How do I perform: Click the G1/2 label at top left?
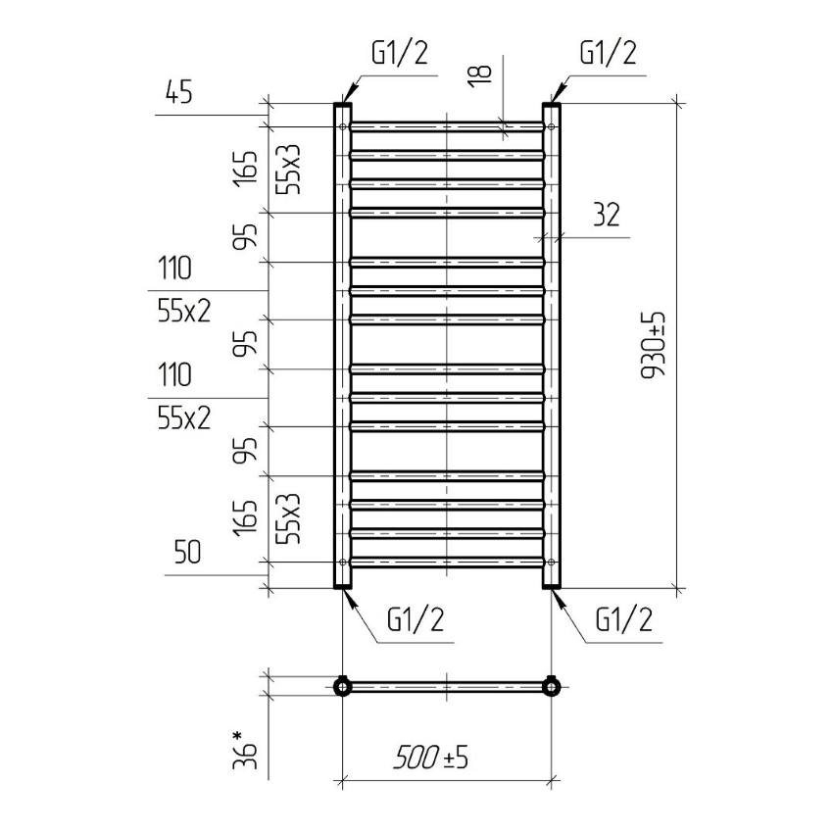(400, 53)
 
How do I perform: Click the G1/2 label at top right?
(608, 53)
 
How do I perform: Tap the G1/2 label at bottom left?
(416, 619)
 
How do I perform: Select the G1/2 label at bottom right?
(623, 619)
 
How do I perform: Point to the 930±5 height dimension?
(654, 345)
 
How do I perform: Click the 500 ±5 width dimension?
(431, 757)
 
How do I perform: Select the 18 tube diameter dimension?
(481, 72)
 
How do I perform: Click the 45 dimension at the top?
(178, 92)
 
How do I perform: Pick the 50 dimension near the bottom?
(187, 552)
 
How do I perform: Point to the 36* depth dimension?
(245, 750)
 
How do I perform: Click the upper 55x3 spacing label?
(289, 169)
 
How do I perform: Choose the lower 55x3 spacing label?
(289, 518)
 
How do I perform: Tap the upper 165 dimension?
(245, 169)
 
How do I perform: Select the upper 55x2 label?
(184, 311)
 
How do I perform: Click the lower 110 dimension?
(174, 374)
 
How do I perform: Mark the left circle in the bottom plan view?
(343, 687)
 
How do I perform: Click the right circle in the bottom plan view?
(552, 687)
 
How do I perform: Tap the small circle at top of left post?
(343, 126)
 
